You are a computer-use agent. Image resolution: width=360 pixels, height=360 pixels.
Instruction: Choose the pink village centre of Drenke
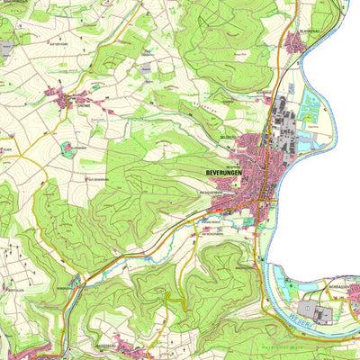coord(76,96)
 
